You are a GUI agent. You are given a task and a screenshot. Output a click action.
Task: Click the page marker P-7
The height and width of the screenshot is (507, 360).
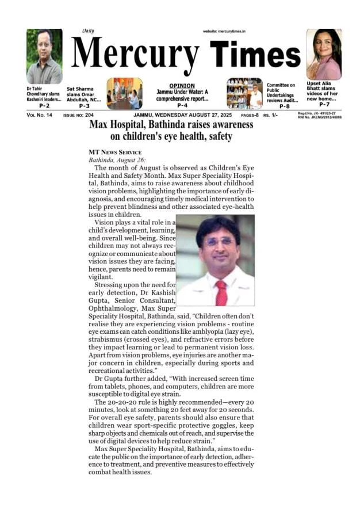[x=324, y=104]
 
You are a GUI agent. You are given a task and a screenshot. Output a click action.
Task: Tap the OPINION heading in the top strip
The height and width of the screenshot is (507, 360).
[x=182, y=86]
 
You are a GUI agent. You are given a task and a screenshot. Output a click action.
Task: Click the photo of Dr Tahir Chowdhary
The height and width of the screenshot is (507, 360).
[x=44, y=56]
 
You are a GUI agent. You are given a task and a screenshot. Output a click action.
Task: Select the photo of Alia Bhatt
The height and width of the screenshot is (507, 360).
[x=324, y=54]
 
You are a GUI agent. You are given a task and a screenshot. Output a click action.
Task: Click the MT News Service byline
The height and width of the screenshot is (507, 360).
[x=114, y=152]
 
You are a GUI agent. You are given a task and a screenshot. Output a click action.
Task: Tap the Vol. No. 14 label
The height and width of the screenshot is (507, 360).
[x=39, y=116]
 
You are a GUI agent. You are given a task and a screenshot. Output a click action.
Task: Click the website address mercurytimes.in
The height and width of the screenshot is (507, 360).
[x=224, y=31]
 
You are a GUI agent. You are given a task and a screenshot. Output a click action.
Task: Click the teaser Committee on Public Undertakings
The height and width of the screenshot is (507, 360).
[x=282, y=92]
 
